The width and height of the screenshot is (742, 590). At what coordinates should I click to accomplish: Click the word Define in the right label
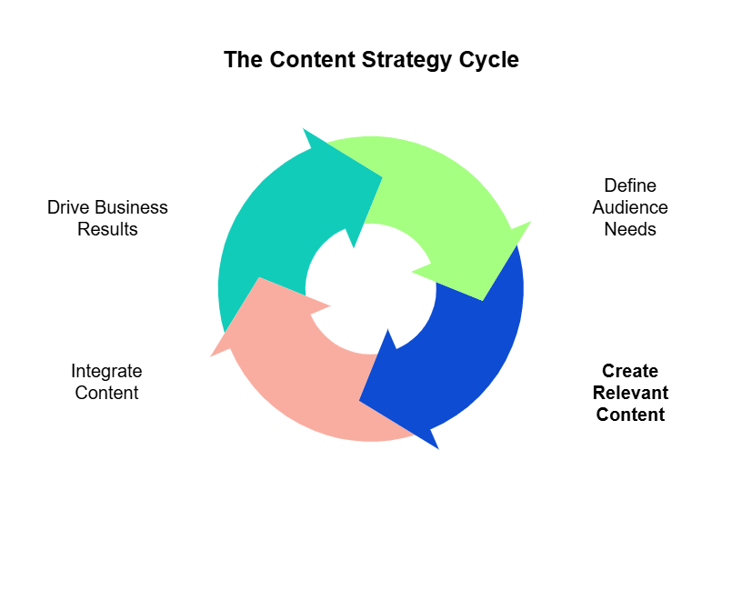630,185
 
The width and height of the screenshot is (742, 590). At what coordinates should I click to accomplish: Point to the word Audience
630,207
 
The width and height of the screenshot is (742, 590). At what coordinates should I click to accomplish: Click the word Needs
630,229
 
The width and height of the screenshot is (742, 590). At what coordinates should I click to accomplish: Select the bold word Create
630,371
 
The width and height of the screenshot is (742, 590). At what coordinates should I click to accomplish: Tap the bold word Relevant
630,393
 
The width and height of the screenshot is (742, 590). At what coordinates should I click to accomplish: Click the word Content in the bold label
630,415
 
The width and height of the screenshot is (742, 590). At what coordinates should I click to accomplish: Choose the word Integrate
106,371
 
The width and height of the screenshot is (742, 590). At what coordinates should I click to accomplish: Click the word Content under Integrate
106,393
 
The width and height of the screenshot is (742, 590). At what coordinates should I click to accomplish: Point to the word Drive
68,207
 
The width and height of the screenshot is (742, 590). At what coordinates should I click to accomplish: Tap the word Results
107,229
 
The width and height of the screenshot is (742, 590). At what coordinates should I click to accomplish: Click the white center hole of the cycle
368,289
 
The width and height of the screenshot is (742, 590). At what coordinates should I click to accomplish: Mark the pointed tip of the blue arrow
438,448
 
